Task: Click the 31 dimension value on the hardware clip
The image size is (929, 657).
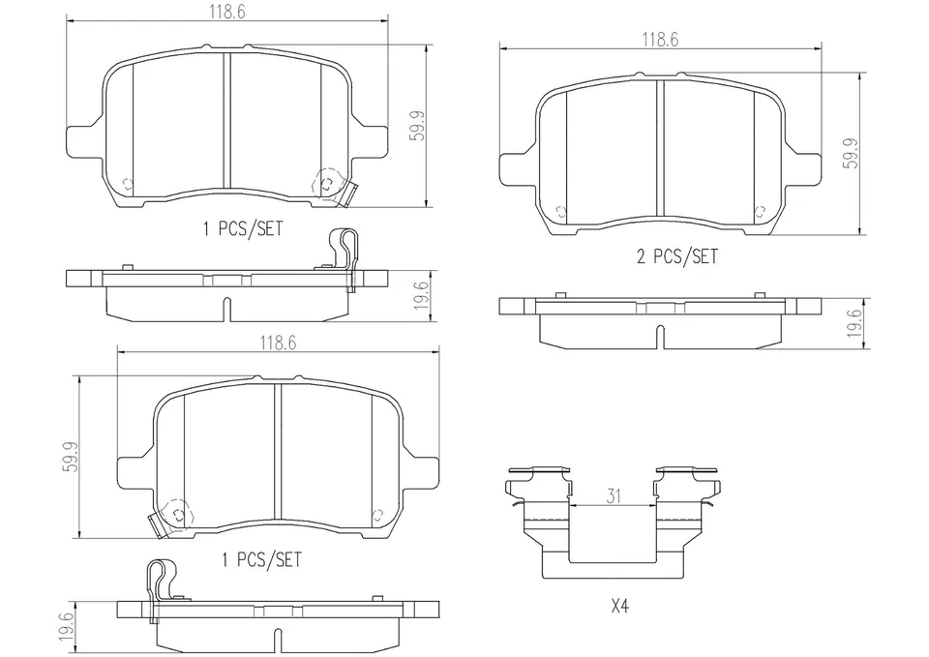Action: (614, 495)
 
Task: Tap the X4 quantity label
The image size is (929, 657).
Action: (619, 607)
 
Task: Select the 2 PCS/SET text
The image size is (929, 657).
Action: (676, 256)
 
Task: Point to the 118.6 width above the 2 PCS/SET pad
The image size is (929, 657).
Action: (661, 40)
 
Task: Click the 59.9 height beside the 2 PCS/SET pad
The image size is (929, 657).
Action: (852, 154)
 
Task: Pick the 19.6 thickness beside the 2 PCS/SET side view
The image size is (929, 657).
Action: (854, 323)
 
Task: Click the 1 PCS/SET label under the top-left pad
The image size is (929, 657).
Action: (243, 228)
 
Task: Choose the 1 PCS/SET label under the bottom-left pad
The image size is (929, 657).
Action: (261, 559)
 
